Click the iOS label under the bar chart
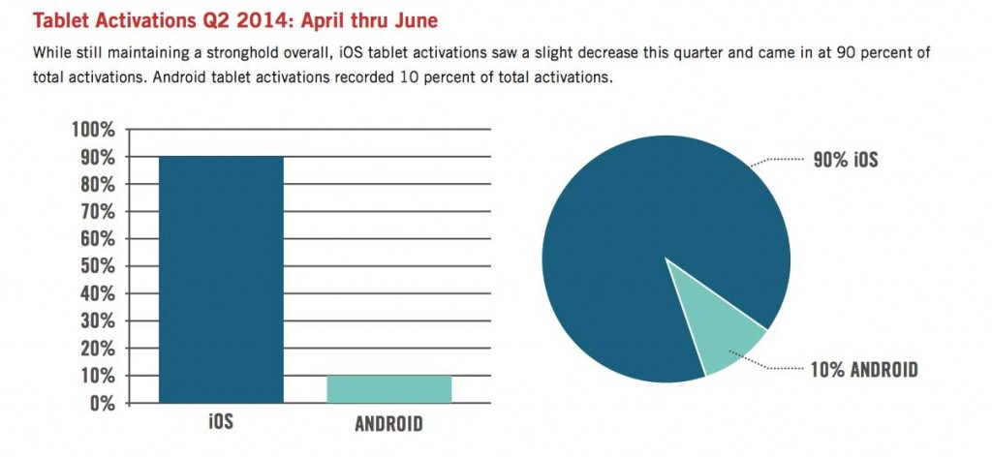point(222,424)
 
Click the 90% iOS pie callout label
point(845,160)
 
